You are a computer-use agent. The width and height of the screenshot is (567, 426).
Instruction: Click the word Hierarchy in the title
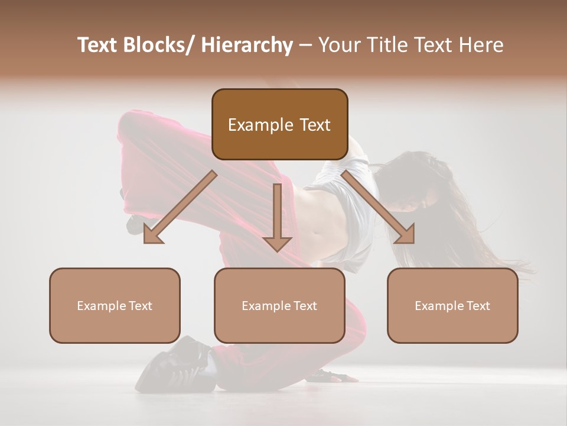tap(247, 46)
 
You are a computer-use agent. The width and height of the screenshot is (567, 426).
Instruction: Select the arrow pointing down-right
tap(378, 207)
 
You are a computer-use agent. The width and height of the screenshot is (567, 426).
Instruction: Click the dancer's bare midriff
tap(322, 222)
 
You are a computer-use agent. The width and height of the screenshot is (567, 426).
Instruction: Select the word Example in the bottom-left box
tap(99, 306)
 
